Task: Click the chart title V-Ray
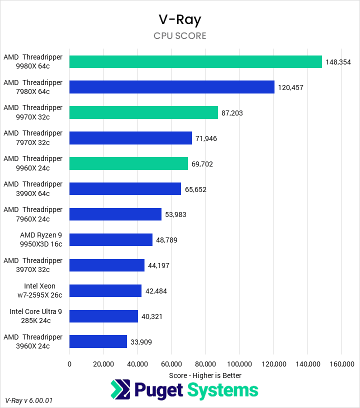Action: click(x=179, y=19)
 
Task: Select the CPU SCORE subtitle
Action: click(x=179, y=36)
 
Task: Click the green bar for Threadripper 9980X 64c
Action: click(x=195, y=61)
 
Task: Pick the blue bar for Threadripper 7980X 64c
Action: click(x=172, y=87)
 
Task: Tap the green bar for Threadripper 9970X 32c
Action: click(x=143, y=112)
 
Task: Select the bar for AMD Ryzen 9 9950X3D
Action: click(x=111, y=239)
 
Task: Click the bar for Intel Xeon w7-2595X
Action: click(x=105, y=290)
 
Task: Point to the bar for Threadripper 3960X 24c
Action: click(x=98, y=341)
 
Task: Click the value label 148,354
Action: click(x=338, y=62)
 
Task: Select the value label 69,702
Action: click(x=202, y=164)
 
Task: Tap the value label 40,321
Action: click(x=151, y=316)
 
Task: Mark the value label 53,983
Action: click(x=175, y=215)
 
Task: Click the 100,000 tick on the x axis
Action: click(x=239, y=364)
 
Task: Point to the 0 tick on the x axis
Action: click(x=69, y=364)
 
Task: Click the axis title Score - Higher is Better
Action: click(x=205, y=375)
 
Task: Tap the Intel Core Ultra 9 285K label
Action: click(x=36, y=316)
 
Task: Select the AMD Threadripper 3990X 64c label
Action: click(x=33, y=188)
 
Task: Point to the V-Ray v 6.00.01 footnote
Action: click(x=29, y=400)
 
